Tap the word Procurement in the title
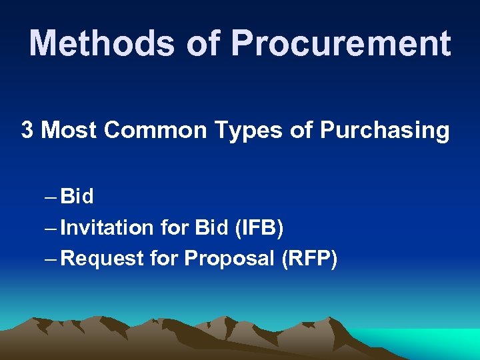click(341, 43)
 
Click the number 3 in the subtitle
click(27, 130)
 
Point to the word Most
click(69, 130)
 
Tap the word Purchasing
click(385, 131)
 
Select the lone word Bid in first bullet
click(77, 197)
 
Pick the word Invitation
click(107, 228)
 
